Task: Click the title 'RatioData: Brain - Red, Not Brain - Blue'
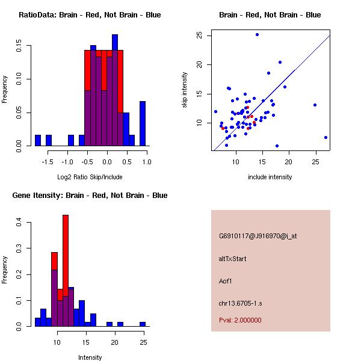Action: (90, 15)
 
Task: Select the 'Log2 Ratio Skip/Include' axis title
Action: (90, 177)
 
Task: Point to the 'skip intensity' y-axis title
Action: (185, 90)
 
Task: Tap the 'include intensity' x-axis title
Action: (270, 177)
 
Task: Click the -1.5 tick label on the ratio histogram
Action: (49, 162)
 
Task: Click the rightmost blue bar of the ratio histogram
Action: (143, 123)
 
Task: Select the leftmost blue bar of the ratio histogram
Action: (38, 140)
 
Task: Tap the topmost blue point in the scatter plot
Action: (257, 35)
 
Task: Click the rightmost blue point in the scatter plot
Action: (326, 137)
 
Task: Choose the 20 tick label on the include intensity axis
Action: (289, 162)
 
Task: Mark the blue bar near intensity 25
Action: (143, 324)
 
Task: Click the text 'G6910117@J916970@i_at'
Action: (258, 236)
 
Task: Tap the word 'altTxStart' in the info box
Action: (233, 259)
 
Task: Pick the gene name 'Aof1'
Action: (226, 280)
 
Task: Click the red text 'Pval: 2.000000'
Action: (240, 320)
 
